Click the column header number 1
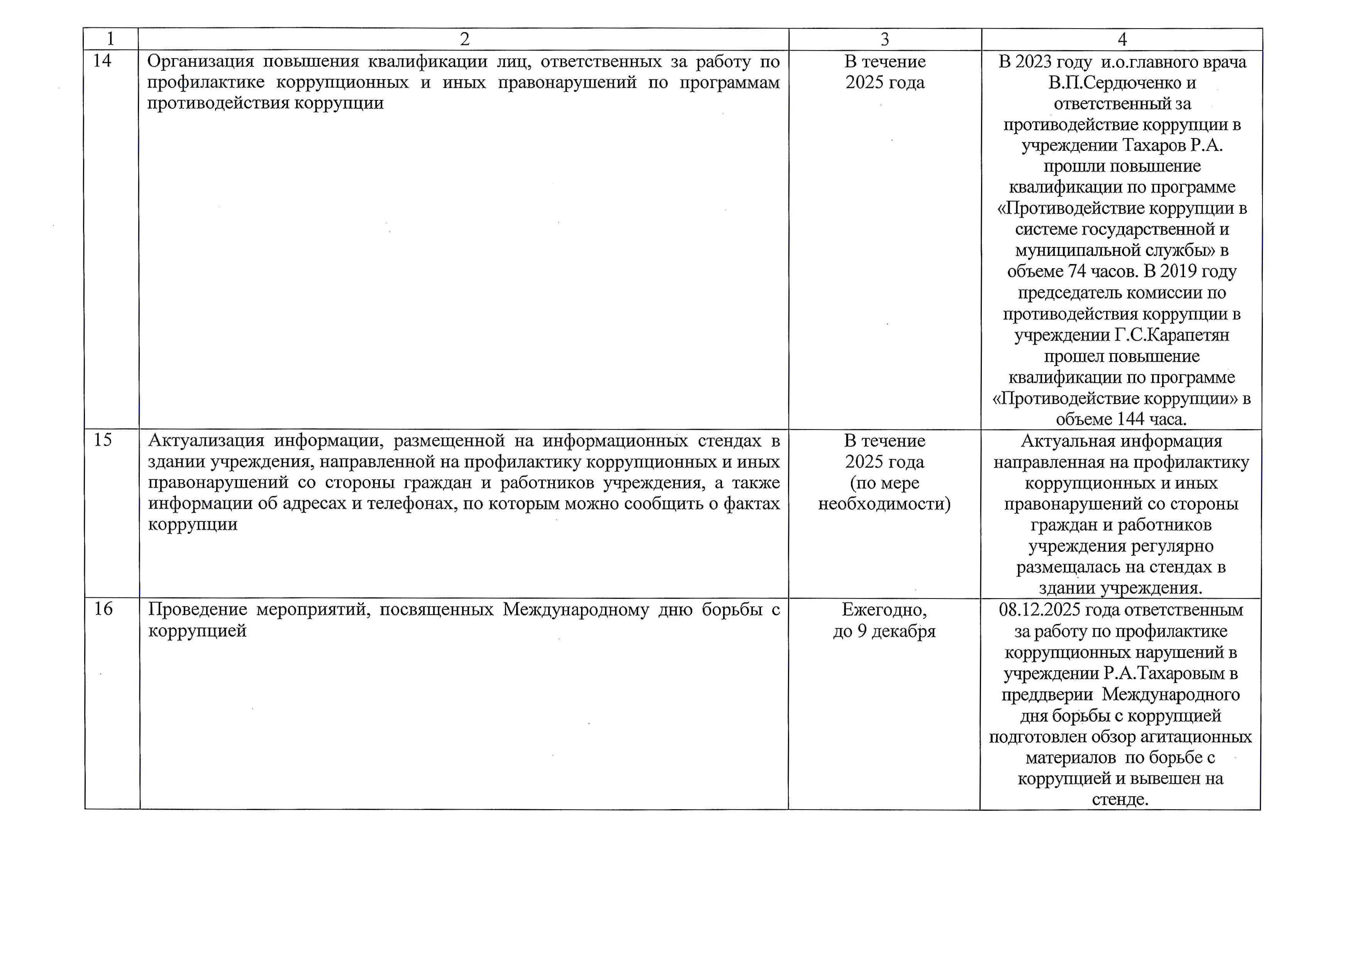[110, 39]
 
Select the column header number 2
[465, 39]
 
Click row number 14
[102, 61]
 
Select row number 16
[103, 609]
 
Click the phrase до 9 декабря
[884, 631]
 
